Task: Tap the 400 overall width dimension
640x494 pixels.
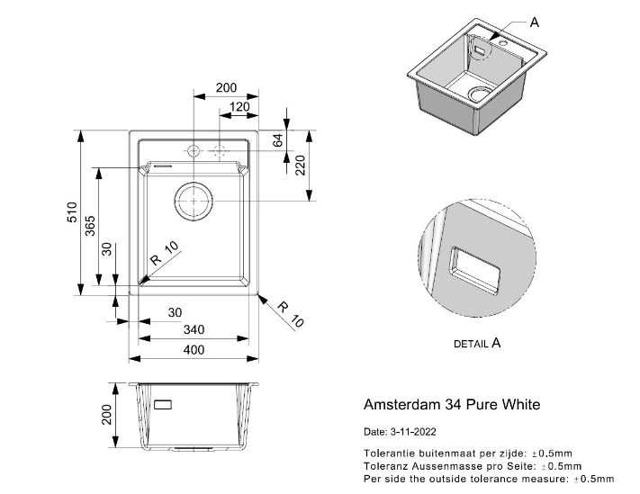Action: click(x=194, y=350)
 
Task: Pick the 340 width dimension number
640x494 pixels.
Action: click(x=194, y=330)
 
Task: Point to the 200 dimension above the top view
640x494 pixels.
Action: click(x=226, y=88)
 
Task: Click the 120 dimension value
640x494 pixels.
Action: click(x=239, y=106)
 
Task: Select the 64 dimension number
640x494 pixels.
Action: click(x=279, y=140)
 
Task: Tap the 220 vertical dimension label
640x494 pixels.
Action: click(x=302, y=166)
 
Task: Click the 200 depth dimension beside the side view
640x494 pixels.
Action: click(x=106, y=415)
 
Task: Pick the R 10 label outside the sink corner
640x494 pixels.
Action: click(x=291, y=314)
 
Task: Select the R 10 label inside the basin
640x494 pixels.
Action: click(x=165, y=254)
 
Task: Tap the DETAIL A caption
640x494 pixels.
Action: click(x=476, y=343)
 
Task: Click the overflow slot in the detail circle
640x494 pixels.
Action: click(x=473, y=270)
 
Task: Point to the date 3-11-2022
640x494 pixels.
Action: click(x=400, y=432)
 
